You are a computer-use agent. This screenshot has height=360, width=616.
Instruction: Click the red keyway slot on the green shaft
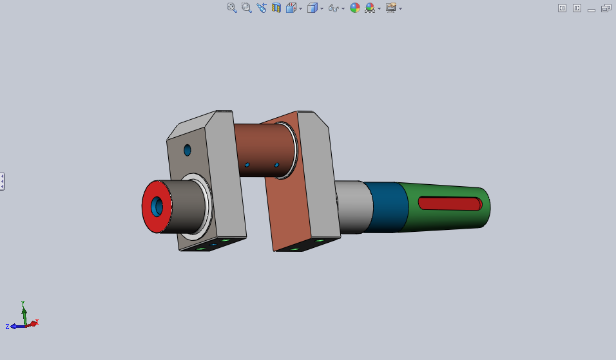(450, 204)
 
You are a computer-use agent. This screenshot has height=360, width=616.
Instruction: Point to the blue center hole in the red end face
(157, 207)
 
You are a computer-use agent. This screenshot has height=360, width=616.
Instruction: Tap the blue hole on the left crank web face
(188, 150)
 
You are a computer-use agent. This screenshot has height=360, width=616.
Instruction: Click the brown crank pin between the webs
(264, 150)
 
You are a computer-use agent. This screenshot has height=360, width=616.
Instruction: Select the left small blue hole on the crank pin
(247, 165)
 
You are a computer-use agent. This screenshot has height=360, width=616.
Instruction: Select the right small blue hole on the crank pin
(276, 165)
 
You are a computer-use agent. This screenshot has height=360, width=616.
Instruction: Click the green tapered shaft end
(445, 207)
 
